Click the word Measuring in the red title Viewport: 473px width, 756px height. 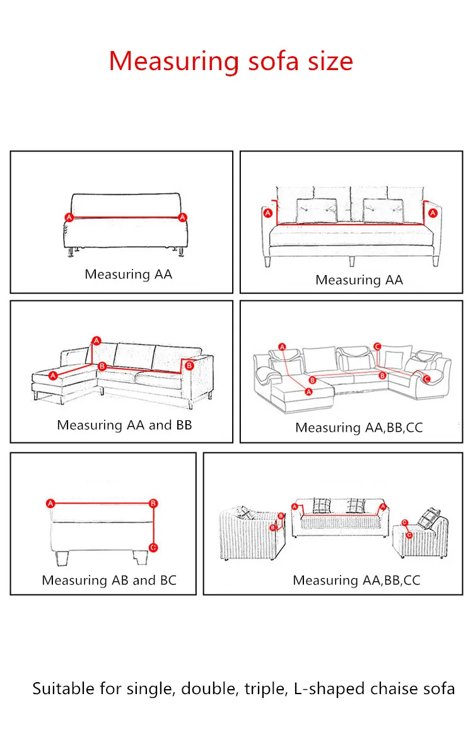coord(173,62)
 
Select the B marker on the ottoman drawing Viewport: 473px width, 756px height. coord(153,504)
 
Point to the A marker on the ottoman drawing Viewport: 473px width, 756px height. coord(50,504)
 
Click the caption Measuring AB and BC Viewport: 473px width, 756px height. coord(109,580)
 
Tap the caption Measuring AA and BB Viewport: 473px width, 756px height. coord(124,425)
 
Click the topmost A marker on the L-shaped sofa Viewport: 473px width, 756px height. coord(96,341)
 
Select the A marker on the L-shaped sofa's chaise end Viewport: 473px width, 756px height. coord(53,375)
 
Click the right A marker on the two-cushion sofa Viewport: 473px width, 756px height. coord(433,214)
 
